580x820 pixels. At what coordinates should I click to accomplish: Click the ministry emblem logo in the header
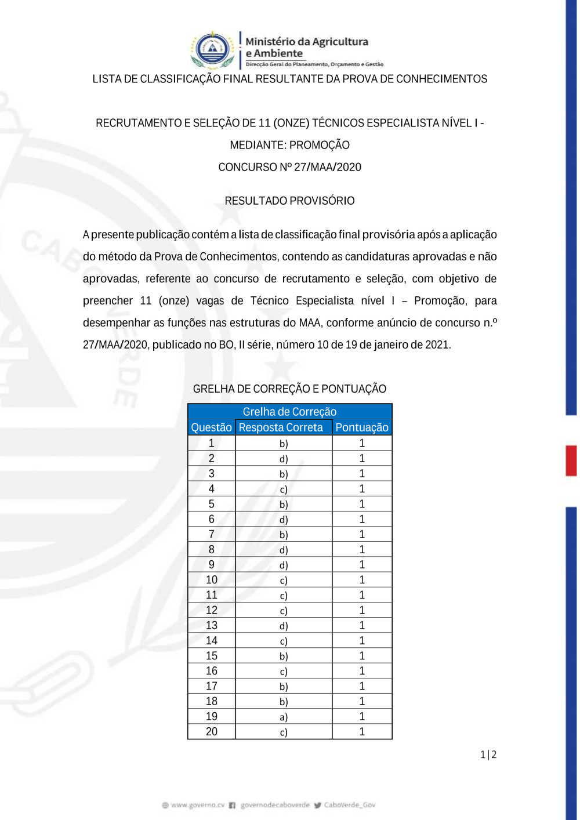click(212, 50)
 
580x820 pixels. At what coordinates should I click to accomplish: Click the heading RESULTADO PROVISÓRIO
click(289, 201)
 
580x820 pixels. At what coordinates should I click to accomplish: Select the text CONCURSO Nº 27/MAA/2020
click(289, 167)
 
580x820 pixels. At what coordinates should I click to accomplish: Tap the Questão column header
click(211, 427)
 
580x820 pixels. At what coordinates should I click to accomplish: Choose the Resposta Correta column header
click(281, 427)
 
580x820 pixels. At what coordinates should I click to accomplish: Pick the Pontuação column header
click(362, 427)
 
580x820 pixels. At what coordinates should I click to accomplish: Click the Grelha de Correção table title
click(289, 412)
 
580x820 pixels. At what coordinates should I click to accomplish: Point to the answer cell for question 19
click(284, 717)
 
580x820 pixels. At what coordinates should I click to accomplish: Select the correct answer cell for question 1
click(284, 444)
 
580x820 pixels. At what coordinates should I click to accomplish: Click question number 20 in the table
click(212, 732)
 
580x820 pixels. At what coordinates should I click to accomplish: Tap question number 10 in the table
click(212, 580)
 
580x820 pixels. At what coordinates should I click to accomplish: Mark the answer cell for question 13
click(284, 626)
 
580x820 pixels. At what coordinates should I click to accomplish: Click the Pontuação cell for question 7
click(362, 535)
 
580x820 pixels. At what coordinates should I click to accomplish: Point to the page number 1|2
click(488, 754)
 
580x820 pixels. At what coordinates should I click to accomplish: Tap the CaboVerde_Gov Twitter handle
click(349, 805)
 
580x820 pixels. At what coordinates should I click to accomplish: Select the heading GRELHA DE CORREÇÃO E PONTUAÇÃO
click(289, 389)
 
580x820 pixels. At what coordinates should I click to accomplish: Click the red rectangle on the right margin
click(571, 460)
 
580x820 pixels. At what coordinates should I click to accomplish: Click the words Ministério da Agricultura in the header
click(307, 42)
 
